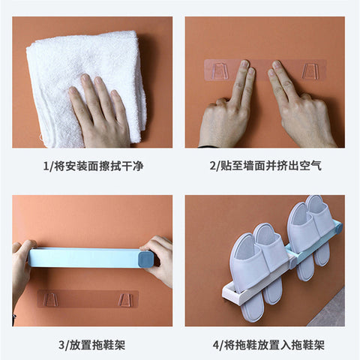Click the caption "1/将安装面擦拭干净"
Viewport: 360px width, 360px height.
click(x=94, y=166)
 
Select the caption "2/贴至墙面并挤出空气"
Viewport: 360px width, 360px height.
click(x=265, y=166)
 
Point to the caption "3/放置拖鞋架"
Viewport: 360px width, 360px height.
click(x=92, y=345)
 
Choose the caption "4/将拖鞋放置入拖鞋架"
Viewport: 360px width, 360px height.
click(x=268, y=345)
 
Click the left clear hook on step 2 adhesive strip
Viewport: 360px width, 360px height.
click(x=220, y=70)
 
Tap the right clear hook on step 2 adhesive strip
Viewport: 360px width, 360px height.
click(x=309, y=71)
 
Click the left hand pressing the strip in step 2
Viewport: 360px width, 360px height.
click(x=226, y=112)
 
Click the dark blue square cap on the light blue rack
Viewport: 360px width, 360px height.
click(x=145, y=259)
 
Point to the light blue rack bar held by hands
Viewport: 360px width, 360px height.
click(x=85, y=258)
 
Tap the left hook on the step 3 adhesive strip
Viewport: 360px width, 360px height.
click(x=50, y=300)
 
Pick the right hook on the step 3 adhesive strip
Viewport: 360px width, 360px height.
click(x=125, y=300)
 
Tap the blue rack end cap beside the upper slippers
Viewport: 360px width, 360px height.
click(x=339, y=228)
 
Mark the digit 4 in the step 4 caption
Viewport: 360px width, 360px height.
click(x=216, y=346)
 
